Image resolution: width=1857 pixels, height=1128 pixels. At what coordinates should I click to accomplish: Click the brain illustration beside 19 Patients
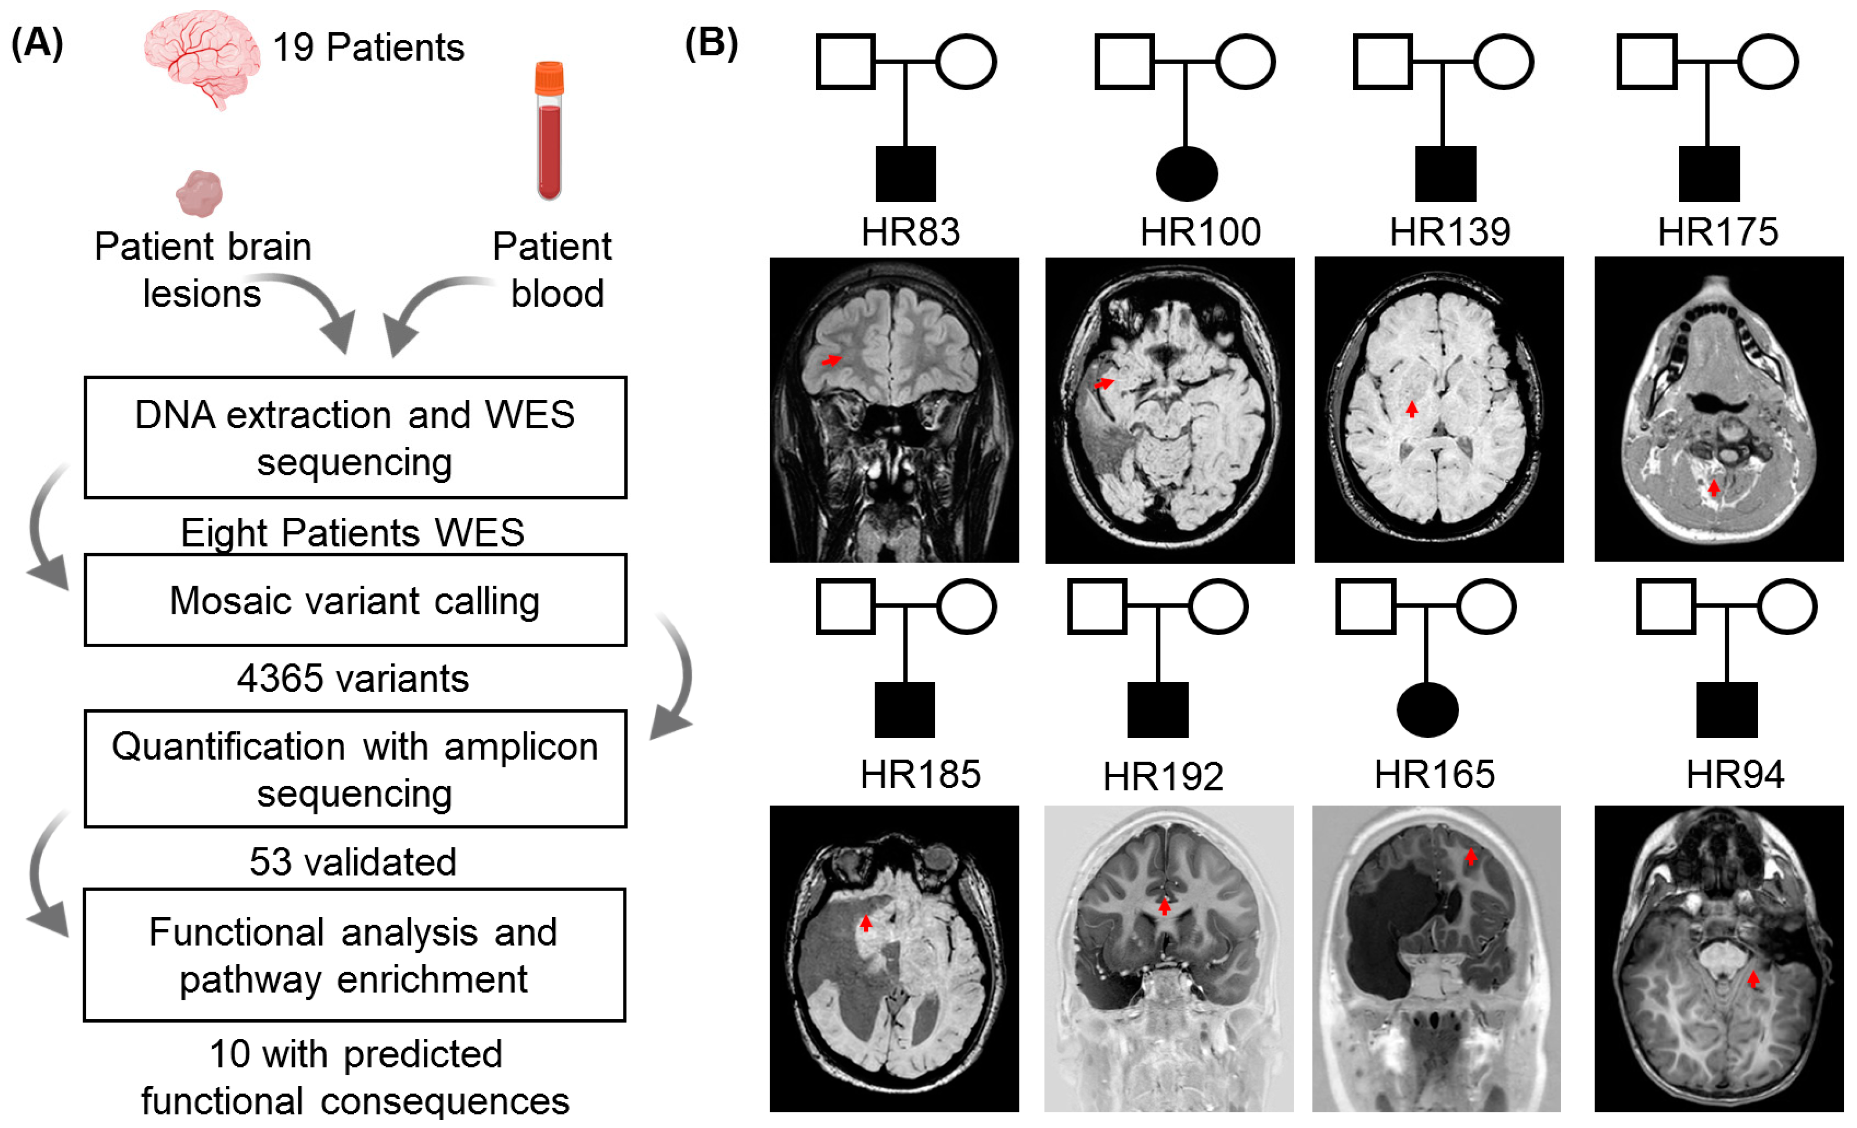(202, 56)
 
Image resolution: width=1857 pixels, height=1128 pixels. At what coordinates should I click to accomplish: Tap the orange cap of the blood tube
(549, 77)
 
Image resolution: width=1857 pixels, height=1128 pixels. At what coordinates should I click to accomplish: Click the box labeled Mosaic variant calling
(355, 601)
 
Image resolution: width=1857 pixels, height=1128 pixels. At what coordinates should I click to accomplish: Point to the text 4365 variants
(353, 678)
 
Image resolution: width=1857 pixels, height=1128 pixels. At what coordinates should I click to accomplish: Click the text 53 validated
(353, 861)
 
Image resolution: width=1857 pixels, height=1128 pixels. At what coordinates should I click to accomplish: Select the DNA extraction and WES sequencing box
(355, 438)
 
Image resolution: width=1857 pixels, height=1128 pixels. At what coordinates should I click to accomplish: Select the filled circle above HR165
(1427, 710)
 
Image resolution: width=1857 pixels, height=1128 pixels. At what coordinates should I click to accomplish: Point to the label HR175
(1717, 232)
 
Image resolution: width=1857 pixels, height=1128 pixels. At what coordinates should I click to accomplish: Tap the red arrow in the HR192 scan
(1164, 906)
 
